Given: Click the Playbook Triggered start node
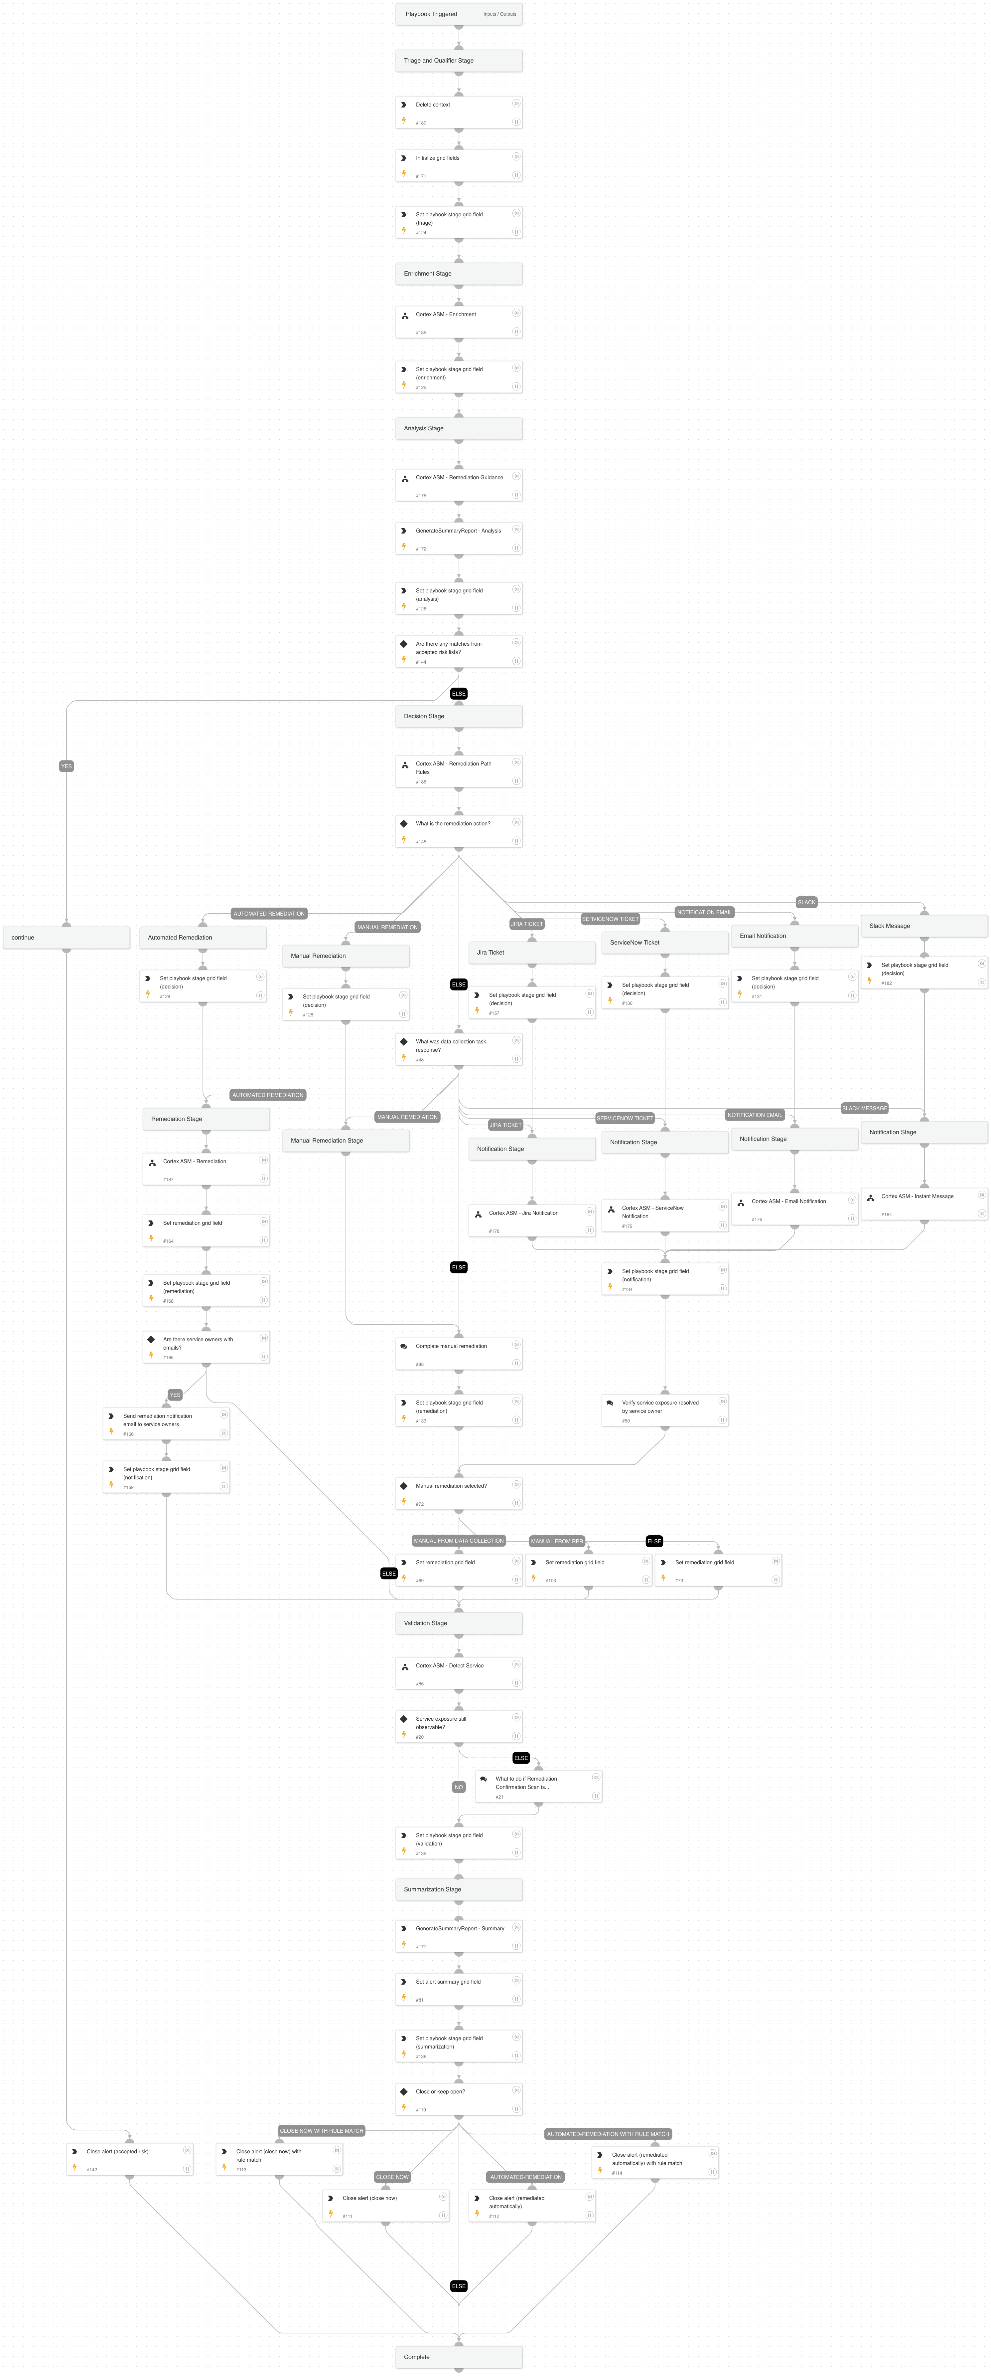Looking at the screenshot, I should [x=458, y=14].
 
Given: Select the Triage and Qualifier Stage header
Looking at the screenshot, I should [x=458, y=61].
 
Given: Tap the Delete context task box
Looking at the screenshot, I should [x=458, y=112].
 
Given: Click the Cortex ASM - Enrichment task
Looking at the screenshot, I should [x=458, y=323].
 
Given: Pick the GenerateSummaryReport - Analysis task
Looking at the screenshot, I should [x=458, y=539].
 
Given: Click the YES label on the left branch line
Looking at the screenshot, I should [x=67, y=765].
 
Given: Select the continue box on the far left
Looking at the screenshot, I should [x=67, y=937].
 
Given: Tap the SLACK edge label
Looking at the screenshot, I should [x=806, y=902].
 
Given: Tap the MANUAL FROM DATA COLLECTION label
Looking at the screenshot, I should [x=458, y=1540].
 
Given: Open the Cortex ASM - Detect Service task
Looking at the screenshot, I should [x=458, y=1673].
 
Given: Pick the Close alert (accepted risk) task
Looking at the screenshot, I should [x=129, y=2159].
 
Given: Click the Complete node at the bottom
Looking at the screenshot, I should [x=458, y=2357].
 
